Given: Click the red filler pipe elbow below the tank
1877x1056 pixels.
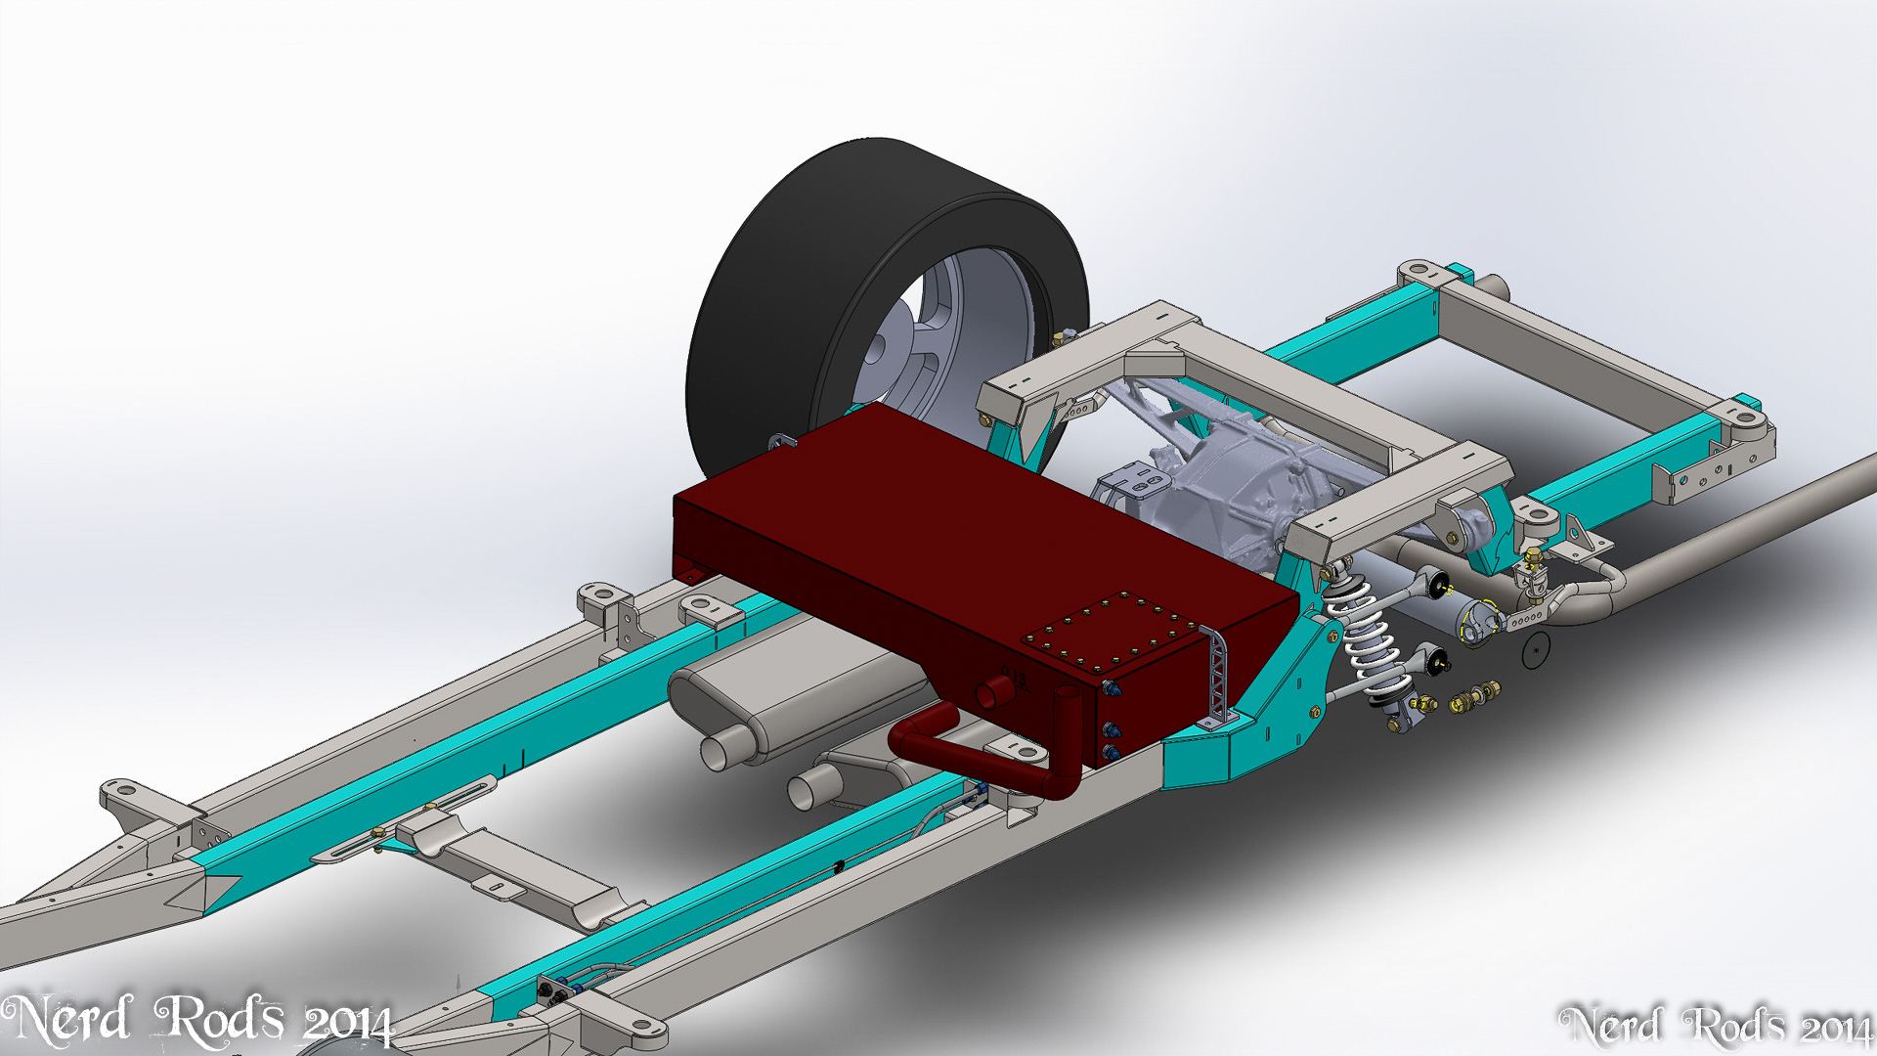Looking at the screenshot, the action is point(987,753).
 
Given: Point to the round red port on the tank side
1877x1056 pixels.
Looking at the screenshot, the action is point(994,692).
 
